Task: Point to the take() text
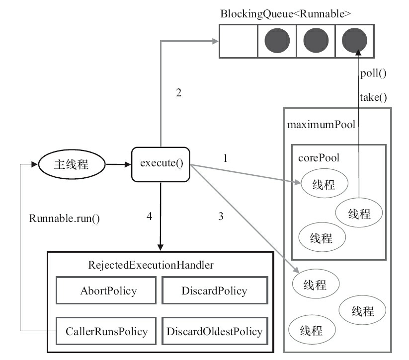[x=373, y=97]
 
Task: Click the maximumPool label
[x=321, y=124]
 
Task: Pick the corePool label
[x=318, y=157]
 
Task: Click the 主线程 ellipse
[x=71, y=164]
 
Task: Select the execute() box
[x=161, y=164]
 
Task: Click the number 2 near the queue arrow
[x=178, y=92]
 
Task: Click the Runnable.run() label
[x=65, y=218]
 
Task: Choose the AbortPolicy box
[x=108, y=290]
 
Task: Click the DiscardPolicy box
[x=214, y=290]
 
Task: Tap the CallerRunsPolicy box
[x=106, y=331]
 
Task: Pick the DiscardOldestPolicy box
[x=214, y=331]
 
